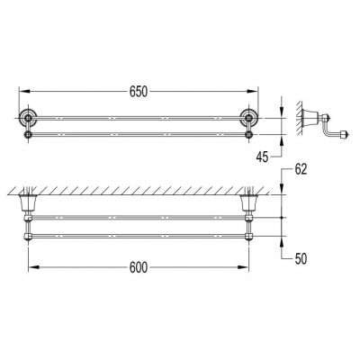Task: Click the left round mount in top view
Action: [29, 117]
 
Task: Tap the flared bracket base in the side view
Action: [310, 116]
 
